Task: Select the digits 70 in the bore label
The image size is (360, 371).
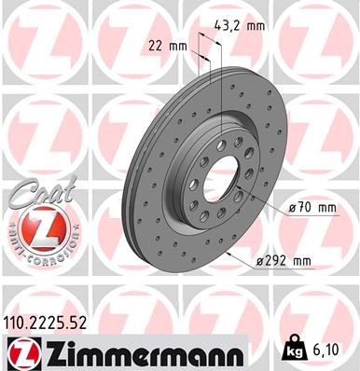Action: pyautogui.click(x=303, y=210)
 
